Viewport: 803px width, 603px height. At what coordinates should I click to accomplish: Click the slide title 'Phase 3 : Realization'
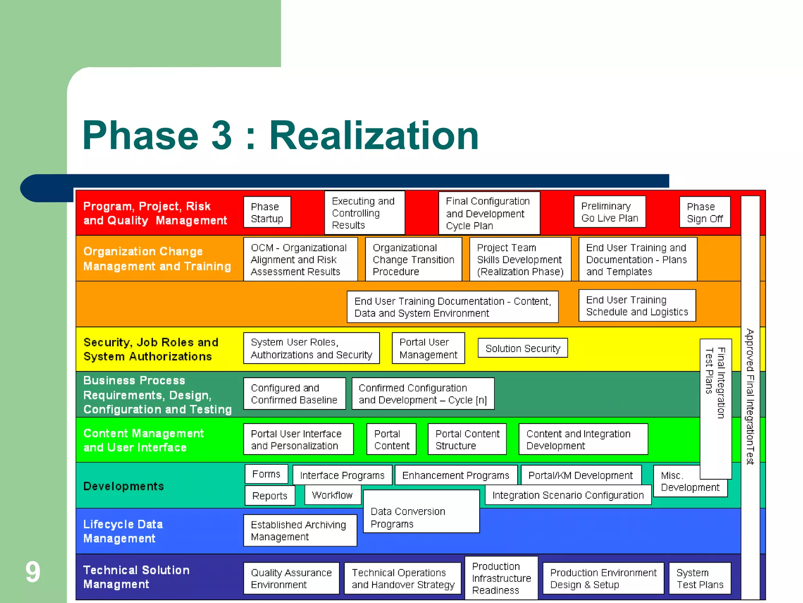[280, 135]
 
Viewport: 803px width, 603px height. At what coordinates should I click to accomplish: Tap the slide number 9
[33, 572]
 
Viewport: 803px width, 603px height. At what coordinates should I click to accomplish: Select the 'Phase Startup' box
[267, 212]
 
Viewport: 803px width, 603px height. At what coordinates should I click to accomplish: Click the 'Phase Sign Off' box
[705, 212]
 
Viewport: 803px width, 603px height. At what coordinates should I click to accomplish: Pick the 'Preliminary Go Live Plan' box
[609, 212]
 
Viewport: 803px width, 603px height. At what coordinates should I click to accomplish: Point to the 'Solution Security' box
[523, 348]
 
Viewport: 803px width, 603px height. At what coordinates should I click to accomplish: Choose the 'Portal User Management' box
[428, 348]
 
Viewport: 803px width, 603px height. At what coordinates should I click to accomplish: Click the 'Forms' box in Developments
[266, 474]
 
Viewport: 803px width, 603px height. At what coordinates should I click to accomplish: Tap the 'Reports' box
[270, 496]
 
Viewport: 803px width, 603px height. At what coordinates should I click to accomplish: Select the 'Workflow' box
[332, 495]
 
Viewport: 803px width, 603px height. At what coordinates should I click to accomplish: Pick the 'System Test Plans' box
[699, 578]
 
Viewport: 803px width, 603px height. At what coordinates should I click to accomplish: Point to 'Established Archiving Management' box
[300, 530]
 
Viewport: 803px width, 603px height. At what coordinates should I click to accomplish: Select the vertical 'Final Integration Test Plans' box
[715, 408]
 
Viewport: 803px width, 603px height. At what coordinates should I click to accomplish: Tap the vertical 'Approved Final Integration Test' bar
[750, 397]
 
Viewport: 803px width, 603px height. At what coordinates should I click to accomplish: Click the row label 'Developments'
[124, 486]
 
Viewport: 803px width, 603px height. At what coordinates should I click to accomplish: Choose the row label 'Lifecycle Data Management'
[123, 531]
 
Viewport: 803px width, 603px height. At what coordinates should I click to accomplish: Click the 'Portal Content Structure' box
[467, 439]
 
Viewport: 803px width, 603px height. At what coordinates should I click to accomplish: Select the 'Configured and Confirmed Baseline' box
[294, 394]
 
